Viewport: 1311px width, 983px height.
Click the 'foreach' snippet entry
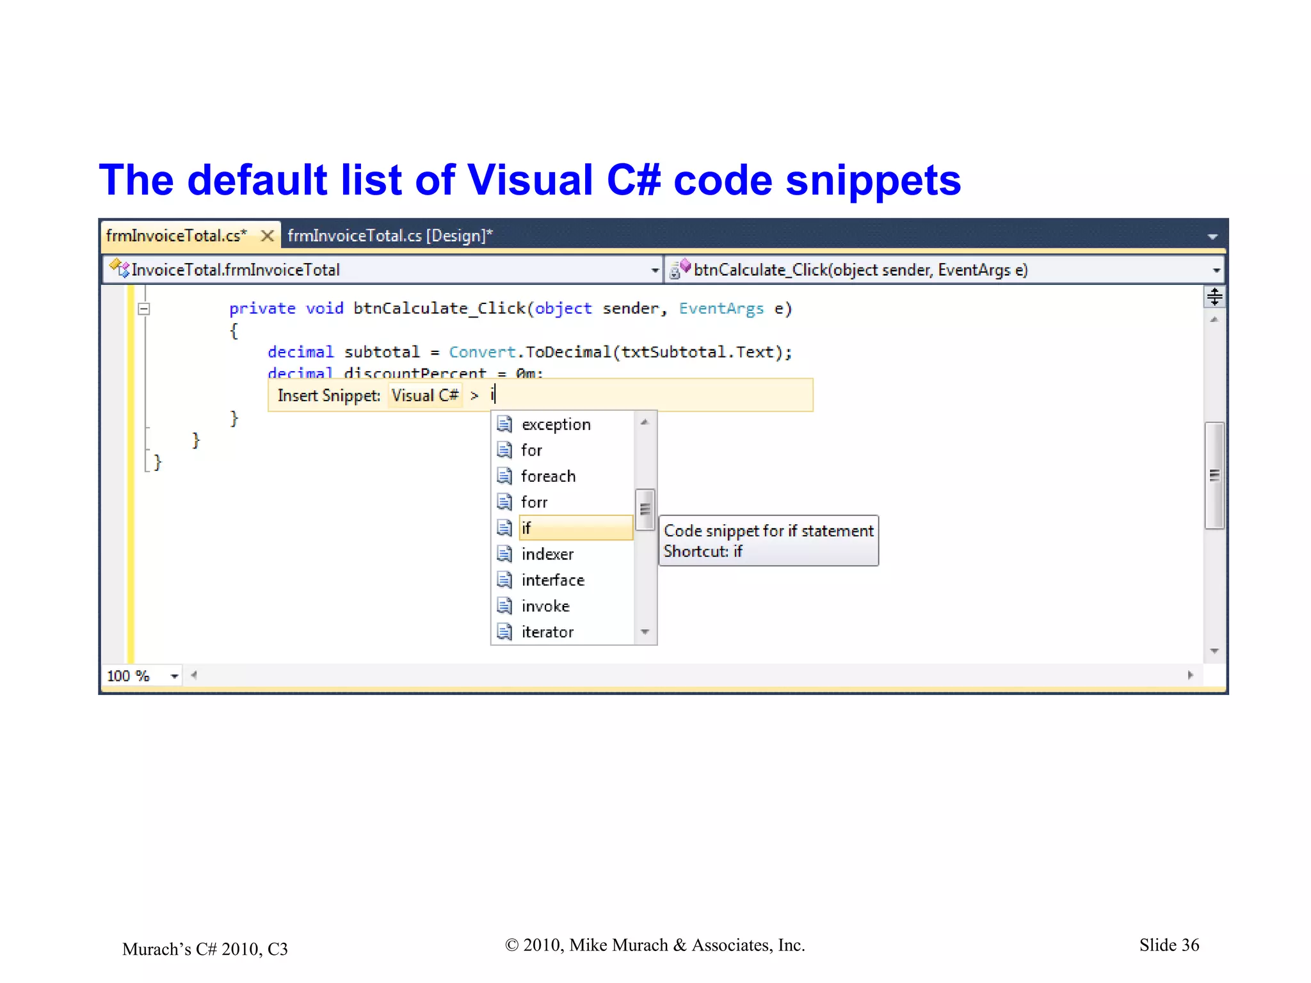click(x=548, y=476)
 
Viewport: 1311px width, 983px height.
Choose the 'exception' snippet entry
click(x=555, y=424)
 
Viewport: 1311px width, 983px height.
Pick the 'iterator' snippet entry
click(x=547, y=632)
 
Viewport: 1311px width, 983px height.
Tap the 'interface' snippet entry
click(x=552, y=580)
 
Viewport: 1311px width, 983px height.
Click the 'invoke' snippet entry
click(x=545, y=606)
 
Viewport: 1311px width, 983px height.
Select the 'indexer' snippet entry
click(x=547, y=554)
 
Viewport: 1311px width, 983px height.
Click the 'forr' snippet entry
click(x=534, y=502)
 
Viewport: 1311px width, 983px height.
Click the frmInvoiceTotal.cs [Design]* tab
click(x=390, y=236)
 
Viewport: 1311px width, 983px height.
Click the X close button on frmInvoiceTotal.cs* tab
click(x=268, y=236)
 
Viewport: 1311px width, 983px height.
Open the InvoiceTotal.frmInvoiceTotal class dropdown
click(x=654, y=270)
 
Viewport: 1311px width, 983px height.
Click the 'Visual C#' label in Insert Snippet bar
click(x=424, y=396)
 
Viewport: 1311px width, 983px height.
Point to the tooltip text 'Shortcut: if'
click(x=702, y=552)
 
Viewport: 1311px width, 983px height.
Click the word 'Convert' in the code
click(x=481, y=352)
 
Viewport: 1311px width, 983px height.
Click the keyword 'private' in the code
click(x=262, y=308)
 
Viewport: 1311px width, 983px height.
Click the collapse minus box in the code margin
click(x=144, y=309)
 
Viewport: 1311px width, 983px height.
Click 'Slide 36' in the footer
click(x=1168, y=945)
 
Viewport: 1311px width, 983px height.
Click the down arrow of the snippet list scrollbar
click(x=645, y=632)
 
